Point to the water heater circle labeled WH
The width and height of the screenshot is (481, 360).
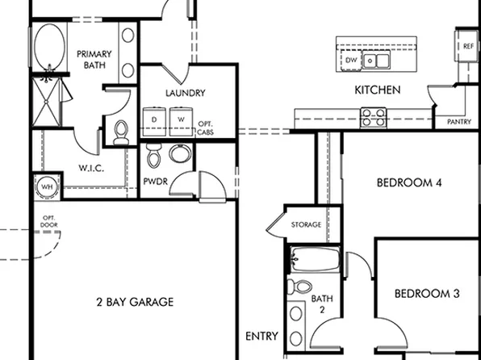pyautogui.click(x=46, y=187)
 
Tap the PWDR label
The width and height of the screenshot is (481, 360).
pyautogui.click(x=155, y=181)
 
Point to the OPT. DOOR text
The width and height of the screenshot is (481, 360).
pyautogui.click(x=49, y=220)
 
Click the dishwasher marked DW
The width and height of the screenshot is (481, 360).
pyautogui.click(x=351, y=60)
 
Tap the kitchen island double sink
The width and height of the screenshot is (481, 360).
pyautogui.click(x=375, y=60)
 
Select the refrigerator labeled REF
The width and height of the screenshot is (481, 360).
pyautogui.click(x=469, y=47)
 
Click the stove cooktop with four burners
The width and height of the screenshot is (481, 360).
pyautogui.click(x=372, y=118)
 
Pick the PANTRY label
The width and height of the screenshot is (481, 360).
pyautogui.click(x=458, y=122)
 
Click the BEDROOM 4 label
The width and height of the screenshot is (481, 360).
pyautogui.click(x=409, y=183)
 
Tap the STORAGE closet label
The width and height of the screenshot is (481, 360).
pyautogui.click(x=306, y=224)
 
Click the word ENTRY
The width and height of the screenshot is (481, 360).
pyautogui.click(x=262, y=336)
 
